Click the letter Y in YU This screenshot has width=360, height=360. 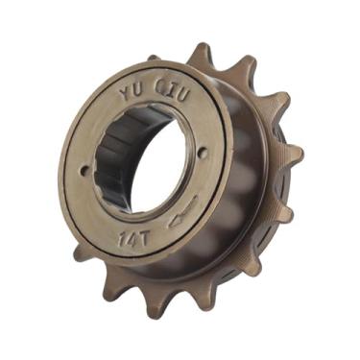pos(126,93)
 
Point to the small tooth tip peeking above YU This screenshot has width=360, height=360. pos(153,59)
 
